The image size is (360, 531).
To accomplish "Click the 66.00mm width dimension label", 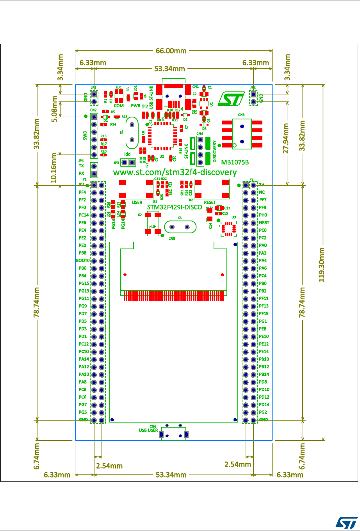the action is (173, 51).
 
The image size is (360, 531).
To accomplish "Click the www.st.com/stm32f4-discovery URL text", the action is (175, 172).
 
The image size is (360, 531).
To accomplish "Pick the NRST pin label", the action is (264, 223).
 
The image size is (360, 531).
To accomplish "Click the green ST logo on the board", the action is (228, 99).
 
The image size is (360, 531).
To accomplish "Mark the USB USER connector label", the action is (148, 430).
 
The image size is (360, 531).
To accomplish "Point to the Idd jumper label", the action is (127, 154).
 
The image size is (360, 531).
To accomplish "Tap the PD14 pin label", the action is (264, 405).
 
